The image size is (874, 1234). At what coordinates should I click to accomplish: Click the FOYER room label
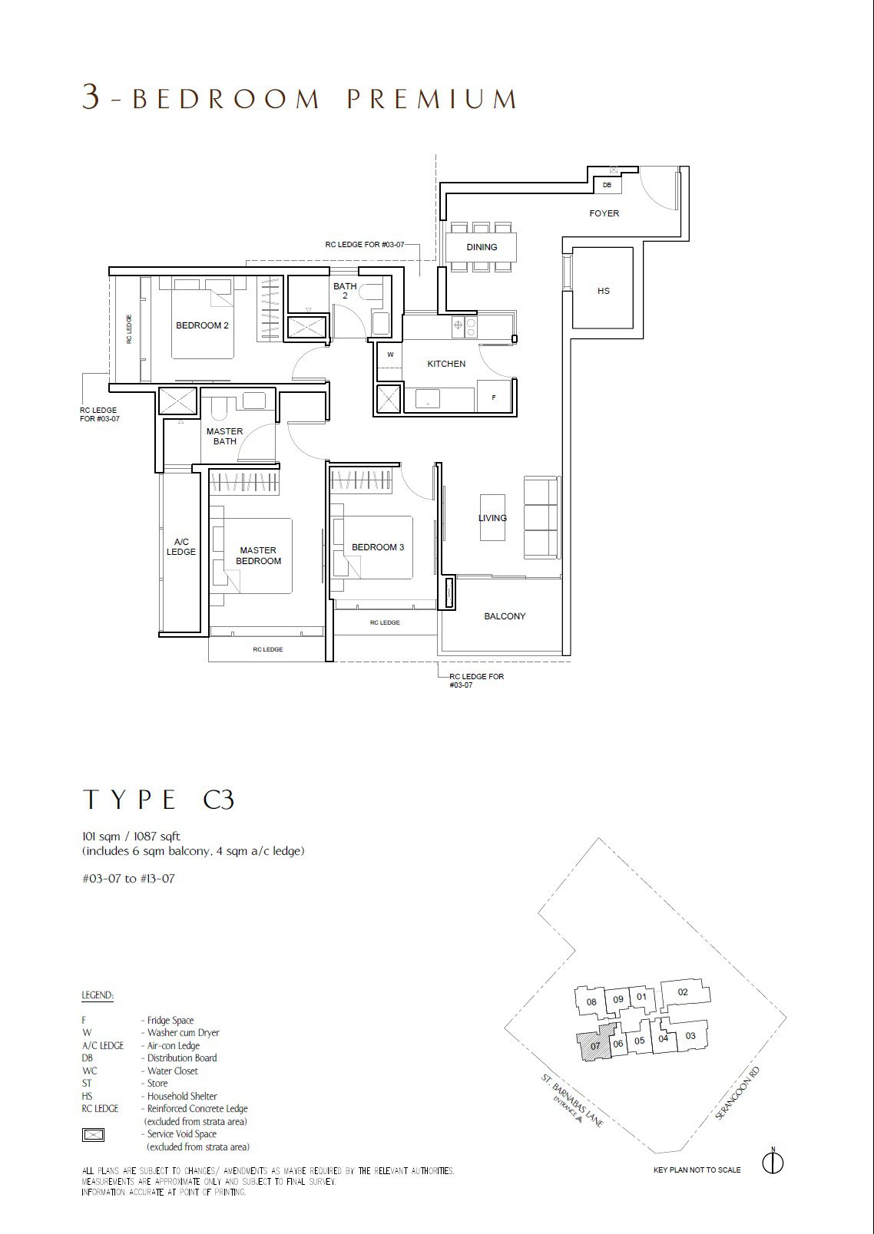tap(604, 213)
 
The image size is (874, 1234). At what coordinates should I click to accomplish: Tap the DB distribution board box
tap(607, 185)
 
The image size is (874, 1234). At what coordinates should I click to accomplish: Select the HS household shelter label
tap(603, 290)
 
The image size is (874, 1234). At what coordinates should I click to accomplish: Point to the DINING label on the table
tap(482, 247)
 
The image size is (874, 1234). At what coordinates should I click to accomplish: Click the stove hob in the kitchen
tap(465, 328)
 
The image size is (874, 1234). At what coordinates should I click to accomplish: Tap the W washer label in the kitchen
tap(390, 355)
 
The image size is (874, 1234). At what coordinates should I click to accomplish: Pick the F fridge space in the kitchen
tap(494, 397)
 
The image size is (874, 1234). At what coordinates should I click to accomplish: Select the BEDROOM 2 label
tap(202, 325)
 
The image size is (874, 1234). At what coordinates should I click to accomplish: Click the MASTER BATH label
tap(225, 437)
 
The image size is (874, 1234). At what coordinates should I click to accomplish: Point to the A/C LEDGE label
tap(180, 546)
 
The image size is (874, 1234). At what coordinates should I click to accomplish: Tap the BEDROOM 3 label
tap(378, 547)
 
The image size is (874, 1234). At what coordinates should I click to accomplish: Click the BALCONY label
tap(505, 616)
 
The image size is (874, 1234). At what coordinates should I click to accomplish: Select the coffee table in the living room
tap(492, 517)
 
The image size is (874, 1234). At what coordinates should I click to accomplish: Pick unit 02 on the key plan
tap(684, 992)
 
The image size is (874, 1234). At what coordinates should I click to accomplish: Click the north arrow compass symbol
tap(773, 1162)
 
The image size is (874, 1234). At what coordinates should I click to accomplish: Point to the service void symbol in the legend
tap(93, 1134)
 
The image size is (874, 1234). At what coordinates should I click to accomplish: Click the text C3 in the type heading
tap(218, 800)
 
